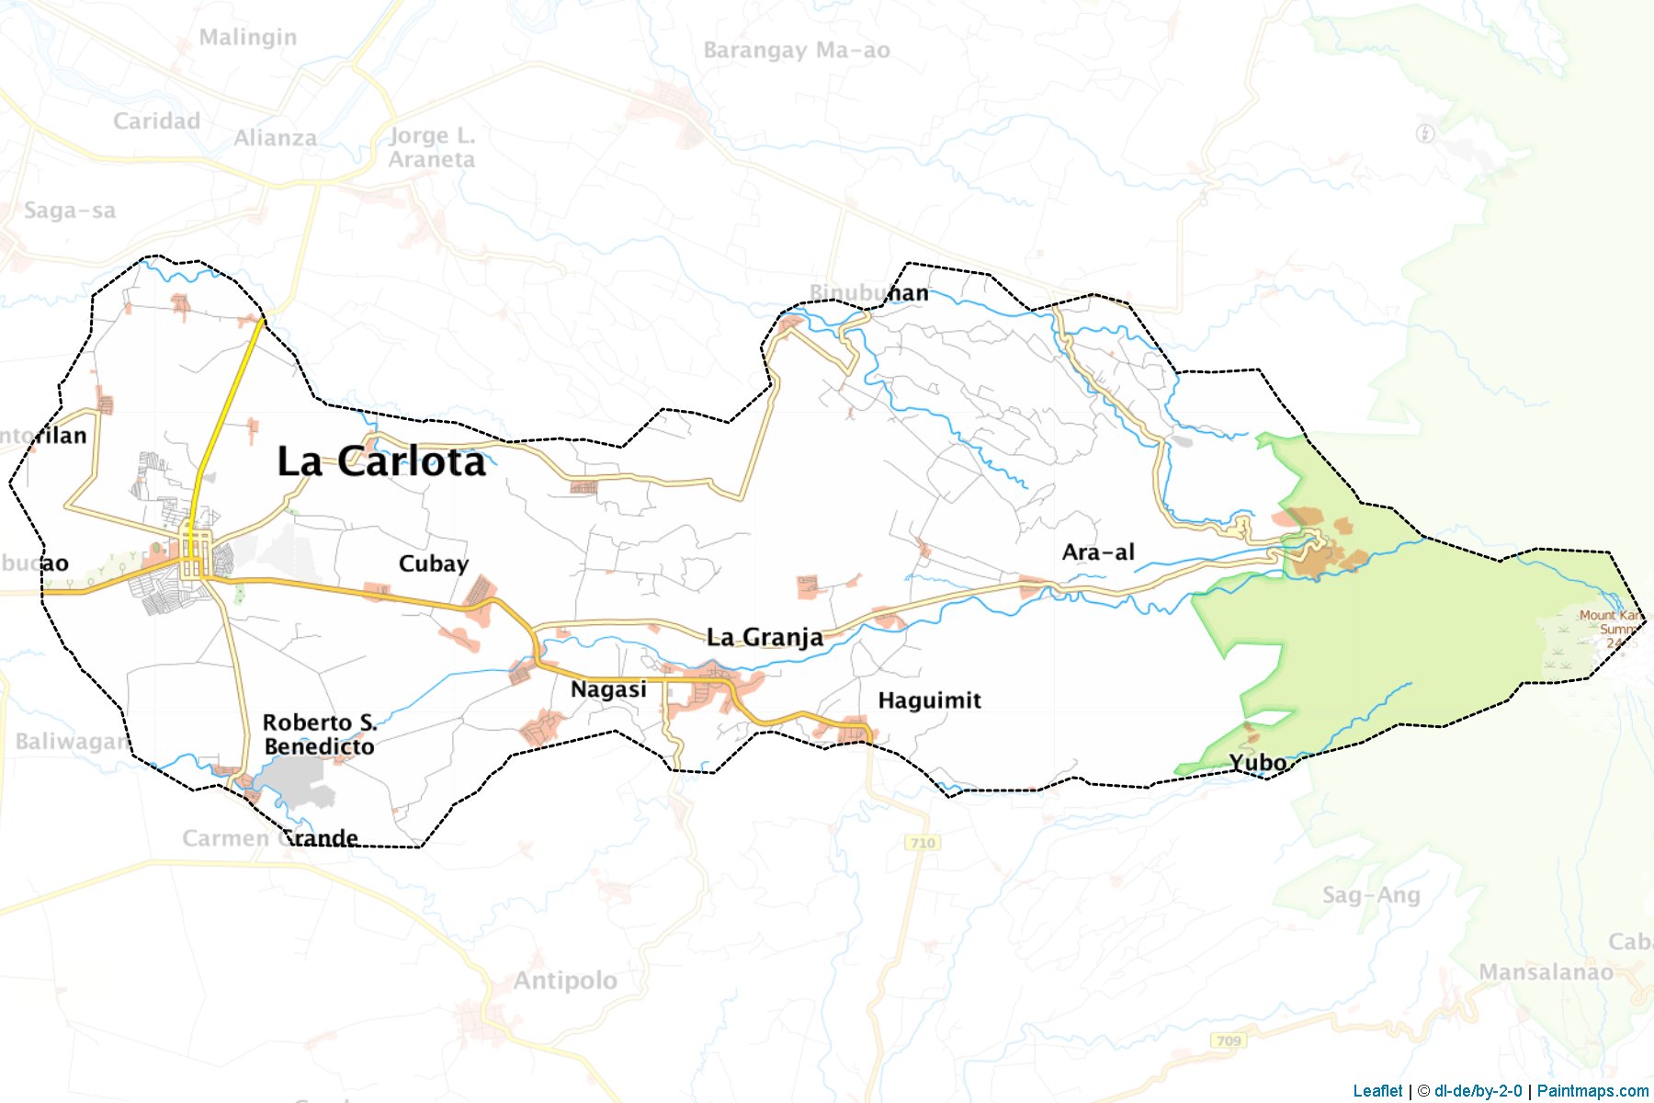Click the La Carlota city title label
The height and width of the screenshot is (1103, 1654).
[381, 461]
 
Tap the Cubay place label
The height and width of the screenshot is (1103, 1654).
[433, 563]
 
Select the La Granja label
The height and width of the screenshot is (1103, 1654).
[765, 637]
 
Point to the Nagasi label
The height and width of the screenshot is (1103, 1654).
[608, 689]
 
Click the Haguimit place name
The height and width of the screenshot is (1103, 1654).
[929, 700]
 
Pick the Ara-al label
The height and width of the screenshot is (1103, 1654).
[1098, 552]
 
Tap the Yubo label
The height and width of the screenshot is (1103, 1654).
[1258, 763]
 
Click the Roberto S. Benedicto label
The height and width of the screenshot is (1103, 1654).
[319, 734]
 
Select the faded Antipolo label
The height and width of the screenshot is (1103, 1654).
[565, 981]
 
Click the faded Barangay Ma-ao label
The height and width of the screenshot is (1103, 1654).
[797, 51]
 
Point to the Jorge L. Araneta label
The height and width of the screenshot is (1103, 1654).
[432, 148]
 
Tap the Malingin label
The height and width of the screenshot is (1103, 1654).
[248, 38]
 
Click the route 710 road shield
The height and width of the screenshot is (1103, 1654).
[922, 843]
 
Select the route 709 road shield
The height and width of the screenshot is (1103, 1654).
[1229, 1040]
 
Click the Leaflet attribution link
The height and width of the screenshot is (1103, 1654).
[1377, 1091]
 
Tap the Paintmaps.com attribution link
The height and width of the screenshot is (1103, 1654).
[1592, 1091]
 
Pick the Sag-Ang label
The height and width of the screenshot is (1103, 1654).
[1371, 895]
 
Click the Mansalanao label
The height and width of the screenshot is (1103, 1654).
[1546, 972]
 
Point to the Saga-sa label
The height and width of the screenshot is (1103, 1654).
[70, 210]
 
